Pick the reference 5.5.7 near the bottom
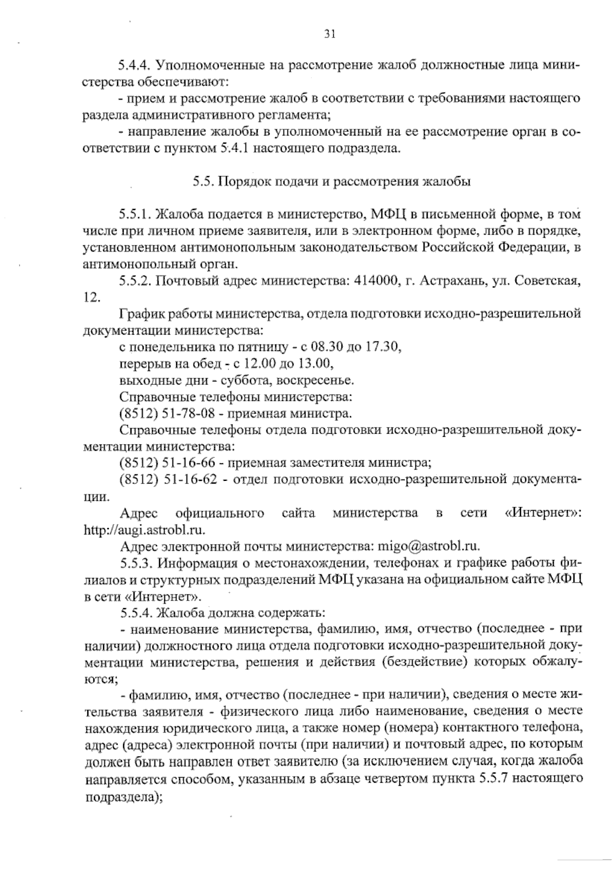(494, 780)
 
